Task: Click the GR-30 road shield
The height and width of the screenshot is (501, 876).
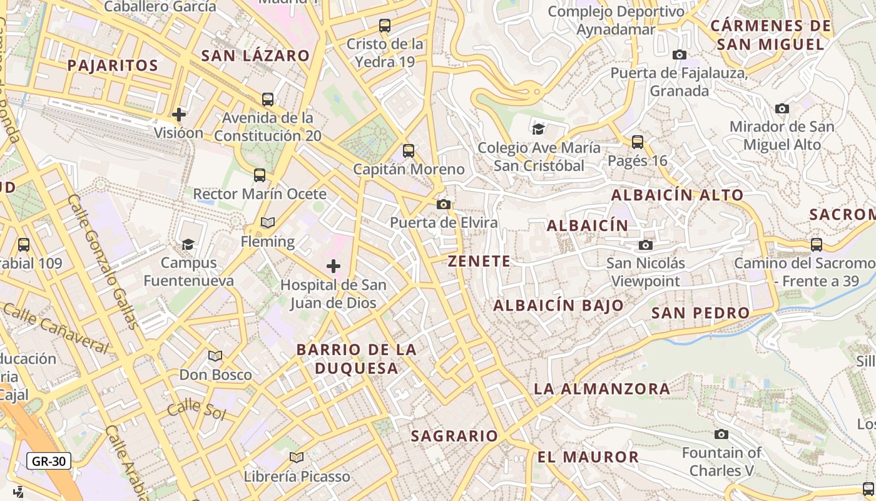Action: [x=49, y=462]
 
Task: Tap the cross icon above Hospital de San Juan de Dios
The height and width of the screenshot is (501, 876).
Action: [x=334, y=267]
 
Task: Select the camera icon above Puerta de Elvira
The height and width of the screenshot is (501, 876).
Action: [x=444, y=205]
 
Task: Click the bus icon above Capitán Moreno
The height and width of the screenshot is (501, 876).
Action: [x=409, y=151]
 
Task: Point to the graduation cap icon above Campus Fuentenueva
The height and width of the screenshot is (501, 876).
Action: [x=188, y=244]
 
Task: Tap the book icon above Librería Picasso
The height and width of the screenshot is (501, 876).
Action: [x=297, y=458]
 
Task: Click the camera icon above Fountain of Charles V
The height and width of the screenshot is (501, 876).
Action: [x=721, y=434]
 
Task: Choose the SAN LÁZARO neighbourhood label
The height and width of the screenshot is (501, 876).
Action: [x=255, y=56]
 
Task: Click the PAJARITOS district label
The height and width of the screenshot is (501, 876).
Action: [x=113, y=66]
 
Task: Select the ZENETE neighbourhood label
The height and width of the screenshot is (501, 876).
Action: [x=479, y=262]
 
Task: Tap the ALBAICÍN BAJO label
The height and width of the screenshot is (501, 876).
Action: [x=559, y=306]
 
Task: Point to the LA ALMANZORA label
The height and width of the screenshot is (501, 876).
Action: [x=602, y=389]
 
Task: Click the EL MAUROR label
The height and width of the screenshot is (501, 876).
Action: [x=588, y=457]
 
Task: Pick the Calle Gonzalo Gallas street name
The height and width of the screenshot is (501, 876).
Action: [x=103, y=261]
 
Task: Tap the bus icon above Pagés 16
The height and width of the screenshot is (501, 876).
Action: [x=638, y=142]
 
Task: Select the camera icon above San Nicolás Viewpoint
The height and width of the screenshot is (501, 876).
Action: [x=646, y=245]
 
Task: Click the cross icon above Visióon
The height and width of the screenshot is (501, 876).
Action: [x=179, y=115]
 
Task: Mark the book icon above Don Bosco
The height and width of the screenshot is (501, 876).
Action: [x=215, y=356]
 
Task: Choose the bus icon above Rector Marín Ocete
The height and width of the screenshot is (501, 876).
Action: [x=260, y=175]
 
